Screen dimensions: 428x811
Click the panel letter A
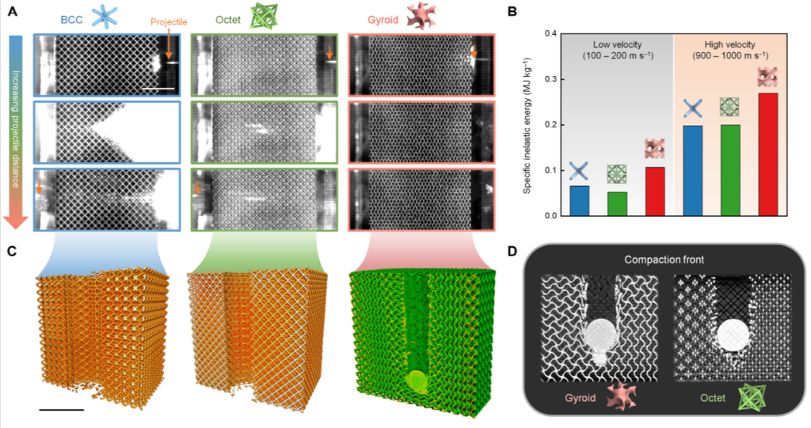[x=10, y=11]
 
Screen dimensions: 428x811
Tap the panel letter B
[x=512, y=11]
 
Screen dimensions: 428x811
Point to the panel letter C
[x=10, y=252]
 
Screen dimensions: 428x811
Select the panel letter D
[x=512, y=252]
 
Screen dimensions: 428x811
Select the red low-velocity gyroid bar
[x=654, y=191]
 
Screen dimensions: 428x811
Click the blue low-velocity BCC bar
[x=580, y=200]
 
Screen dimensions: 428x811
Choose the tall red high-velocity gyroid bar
[x=767, y=153]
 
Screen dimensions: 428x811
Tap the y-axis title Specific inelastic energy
[x=527, y=125]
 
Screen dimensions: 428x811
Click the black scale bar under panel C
[x=59, y=410]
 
